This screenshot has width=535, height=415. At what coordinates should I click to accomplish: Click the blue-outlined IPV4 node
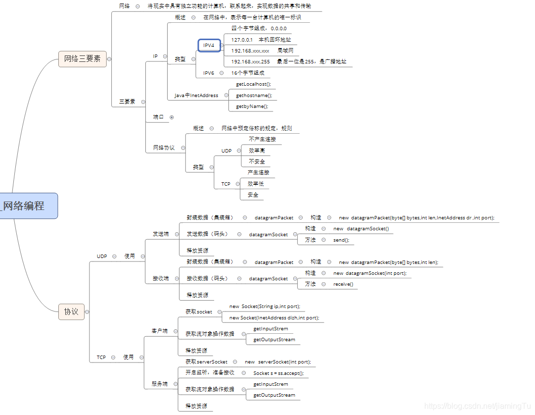(x=209, y=46)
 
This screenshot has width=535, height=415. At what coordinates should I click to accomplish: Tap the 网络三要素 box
(x=83, y=59)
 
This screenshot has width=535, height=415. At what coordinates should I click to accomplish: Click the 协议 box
(x=71, y=311)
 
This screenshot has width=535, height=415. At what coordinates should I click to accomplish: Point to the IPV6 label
(x=209, y=73)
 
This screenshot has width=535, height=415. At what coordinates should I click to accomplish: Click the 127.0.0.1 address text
(x=242, y=40)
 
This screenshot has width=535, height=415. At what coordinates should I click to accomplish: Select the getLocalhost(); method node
(x=253, y=84)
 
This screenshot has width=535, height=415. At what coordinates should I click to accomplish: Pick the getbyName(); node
(x=252, y=106)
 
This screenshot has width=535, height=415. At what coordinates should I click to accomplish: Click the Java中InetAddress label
(x=196, y=95)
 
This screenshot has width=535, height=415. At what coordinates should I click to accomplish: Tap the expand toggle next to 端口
(x=172, y=117)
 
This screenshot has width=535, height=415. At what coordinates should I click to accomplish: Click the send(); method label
(x=341, y=240)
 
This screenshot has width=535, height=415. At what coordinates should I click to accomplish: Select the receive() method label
(x=343, y=284)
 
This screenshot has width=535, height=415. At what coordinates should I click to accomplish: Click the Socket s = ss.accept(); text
(x=278, y=373)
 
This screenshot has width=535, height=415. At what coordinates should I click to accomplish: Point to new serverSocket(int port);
(x=277, y=362)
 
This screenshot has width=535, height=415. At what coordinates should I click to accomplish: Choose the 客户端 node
(x=159, y=330)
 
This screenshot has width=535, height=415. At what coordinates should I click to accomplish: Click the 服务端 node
(x=159, y=384)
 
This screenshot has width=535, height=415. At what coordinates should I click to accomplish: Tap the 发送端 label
(x=160, y=234)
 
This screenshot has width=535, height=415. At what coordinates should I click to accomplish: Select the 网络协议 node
(x=164, y=148)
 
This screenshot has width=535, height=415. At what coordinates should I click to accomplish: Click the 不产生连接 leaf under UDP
(x=262, y=139)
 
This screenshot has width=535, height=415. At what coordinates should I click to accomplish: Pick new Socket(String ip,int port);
(x=265, y=307)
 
